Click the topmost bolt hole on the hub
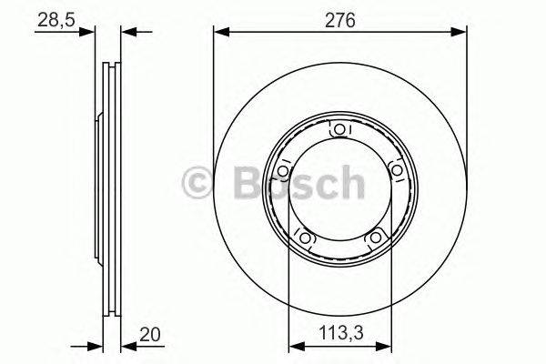(x=339, y=131)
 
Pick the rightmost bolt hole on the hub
(x=396, y=171)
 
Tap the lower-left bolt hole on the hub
(x=305, y=238)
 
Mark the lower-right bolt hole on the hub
(x=374, y=238)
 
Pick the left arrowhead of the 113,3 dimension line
(x=294, y=346)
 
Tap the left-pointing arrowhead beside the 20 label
(x=126, y=346)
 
